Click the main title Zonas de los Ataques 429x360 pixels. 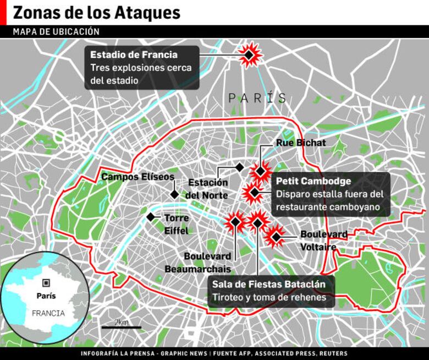96,12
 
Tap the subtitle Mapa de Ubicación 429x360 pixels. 56,32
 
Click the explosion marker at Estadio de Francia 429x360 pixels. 249,55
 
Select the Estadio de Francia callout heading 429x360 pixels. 134,55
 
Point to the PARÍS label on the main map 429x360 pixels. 257,99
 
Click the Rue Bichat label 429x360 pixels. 301,143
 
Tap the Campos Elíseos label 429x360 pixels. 137,177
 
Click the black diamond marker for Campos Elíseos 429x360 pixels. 174,194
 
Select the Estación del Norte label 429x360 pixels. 207,189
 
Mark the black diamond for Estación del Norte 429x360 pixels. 239,167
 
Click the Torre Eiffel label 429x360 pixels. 176,225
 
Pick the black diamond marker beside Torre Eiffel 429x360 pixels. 151,217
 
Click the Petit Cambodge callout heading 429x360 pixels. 313,181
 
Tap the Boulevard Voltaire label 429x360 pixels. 323,241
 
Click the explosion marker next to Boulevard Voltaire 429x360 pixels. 276,237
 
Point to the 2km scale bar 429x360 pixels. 121,327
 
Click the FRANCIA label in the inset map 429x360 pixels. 48,313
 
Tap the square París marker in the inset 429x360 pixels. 46,282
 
